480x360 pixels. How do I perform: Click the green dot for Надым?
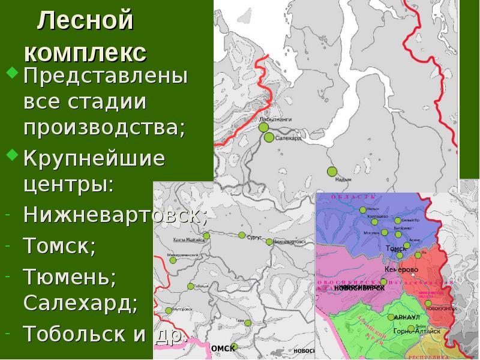pos(332,172)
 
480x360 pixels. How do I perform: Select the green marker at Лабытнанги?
pos(263,127)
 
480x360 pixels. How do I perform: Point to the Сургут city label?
pos(254,238)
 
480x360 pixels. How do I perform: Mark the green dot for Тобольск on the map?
pos(191,286)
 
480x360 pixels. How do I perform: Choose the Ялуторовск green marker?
pos(169,310)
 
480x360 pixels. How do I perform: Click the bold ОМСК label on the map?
pos(223,348)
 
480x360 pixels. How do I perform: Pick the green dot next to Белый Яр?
pos(398,220)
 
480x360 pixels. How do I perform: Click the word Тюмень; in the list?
pos(70,278)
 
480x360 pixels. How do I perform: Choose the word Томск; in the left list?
pos(60,246)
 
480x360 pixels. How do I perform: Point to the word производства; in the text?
pos(104,127)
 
